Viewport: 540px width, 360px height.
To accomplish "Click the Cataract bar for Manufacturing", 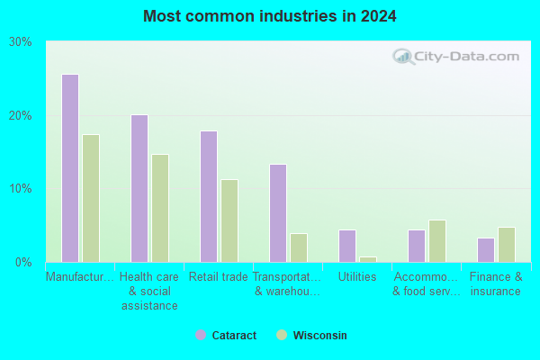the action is pyautogui.click(x=70, y=168).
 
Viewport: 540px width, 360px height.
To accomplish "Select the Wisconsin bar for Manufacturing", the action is pyautogui.click(x=91, y=198).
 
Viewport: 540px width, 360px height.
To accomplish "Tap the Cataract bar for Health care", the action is pyautogui.click(x=139, y=188).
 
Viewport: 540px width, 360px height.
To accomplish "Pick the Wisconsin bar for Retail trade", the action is pyautogui.click(x=229, y=220).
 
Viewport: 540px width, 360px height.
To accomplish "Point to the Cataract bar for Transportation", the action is pyautogui.click(x=278, y=213).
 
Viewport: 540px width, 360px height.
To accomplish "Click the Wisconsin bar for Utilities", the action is pyautogui.click(x=368, y=259).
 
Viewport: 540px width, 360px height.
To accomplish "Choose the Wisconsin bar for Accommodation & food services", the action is pyautogui.click(x=437, y=241).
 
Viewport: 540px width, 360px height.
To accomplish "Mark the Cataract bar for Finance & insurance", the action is pyautogui.click(x=486, y=250).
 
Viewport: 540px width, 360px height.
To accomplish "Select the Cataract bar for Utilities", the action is pyautogui.click(x=347, y=246).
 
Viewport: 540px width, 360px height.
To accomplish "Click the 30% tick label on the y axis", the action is pyautogui.click(x=21, y=42).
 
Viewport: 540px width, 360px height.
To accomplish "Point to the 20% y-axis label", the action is pyautogui.click(x=21, y=116).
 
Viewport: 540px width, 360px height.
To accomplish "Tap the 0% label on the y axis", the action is pyautogui.click(x=23, y=263).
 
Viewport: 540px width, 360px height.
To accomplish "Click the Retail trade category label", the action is pyautogui.click(x=219, y=276).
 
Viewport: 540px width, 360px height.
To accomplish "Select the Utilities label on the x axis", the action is pyautogui.click(x=357, y=276).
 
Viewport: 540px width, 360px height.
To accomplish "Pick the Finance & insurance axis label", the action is pyautogui.click(x=496, y=283).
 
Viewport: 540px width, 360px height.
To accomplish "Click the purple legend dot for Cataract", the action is pyautogui.click(x=201, y=335).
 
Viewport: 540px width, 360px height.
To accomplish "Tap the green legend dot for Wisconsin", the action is pyautogui.click(x=282, y=335).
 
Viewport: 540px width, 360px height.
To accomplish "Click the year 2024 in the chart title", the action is pyautogui.click(x=379, y=16).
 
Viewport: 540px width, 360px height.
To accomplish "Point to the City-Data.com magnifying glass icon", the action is pyautogui.click(x=403, y=57).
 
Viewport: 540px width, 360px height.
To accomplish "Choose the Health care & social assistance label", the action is pyautogui.click(x=149, y=291).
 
